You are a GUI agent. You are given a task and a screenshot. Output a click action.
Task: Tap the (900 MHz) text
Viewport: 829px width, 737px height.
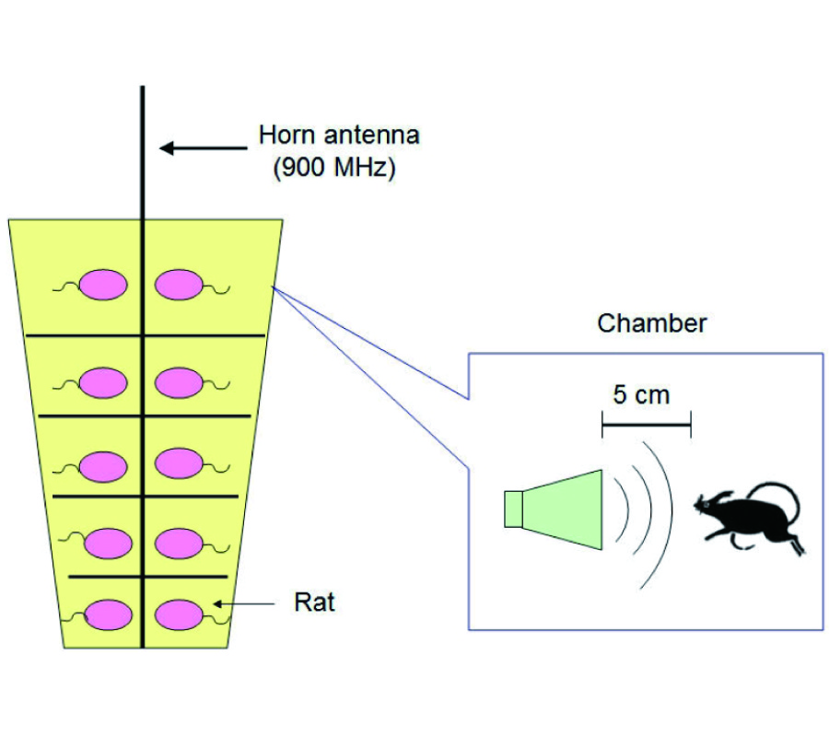(x=335, y=170)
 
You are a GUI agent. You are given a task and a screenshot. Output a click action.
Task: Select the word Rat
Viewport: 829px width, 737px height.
(x=313, y=604)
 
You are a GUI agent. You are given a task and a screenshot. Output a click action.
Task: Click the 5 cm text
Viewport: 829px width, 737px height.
(x=642, y=395)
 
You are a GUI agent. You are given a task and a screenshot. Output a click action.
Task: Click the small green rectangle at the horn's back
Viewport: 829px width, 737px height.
(x=513, y=509)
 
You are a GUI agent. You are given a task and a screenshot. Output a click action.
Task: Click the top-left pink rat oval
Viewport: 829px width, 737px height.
(x=101, y=284)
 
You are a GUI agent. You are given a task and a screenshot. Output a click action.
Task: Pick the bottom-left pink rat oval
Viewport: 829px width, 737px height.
(x=108, y=614)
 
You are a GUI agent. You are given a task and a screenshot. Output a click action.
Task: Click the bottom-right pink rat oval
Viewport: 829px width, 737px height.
(x=179, y=614)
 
